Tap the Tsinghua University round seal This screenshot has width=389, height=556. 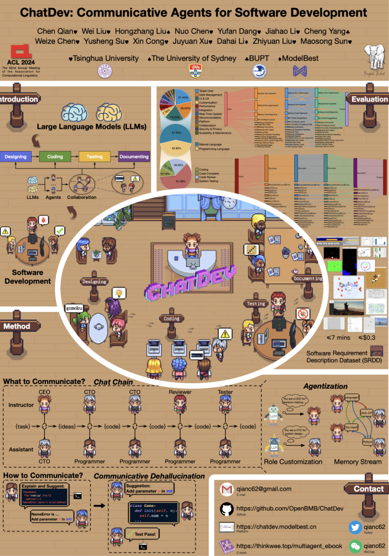[105, 71]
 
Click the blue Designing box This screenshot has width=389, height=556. [15, 157]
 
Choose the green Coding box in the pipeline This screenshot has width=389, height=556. [55, 157]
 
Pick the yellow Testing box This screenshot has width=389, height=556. [94, 157]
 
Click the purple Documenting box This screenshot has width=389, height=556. [134, 157]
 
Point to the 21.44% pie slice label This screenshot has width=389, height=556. [183, 97]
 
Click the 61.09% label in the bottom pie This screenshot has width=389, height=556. [180, 181]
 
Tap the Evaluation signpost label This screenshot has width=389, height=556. [369, 99]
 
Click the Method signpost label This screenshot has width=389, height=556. [17, 326]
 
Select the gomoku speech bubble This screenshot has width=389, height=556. [74, 308]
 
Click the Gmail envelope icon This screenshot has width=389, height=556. [227, 490]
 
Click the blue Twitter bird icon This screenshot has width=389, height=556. [355, 527]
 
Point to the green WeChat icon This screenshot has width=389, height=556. [355, 546]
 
